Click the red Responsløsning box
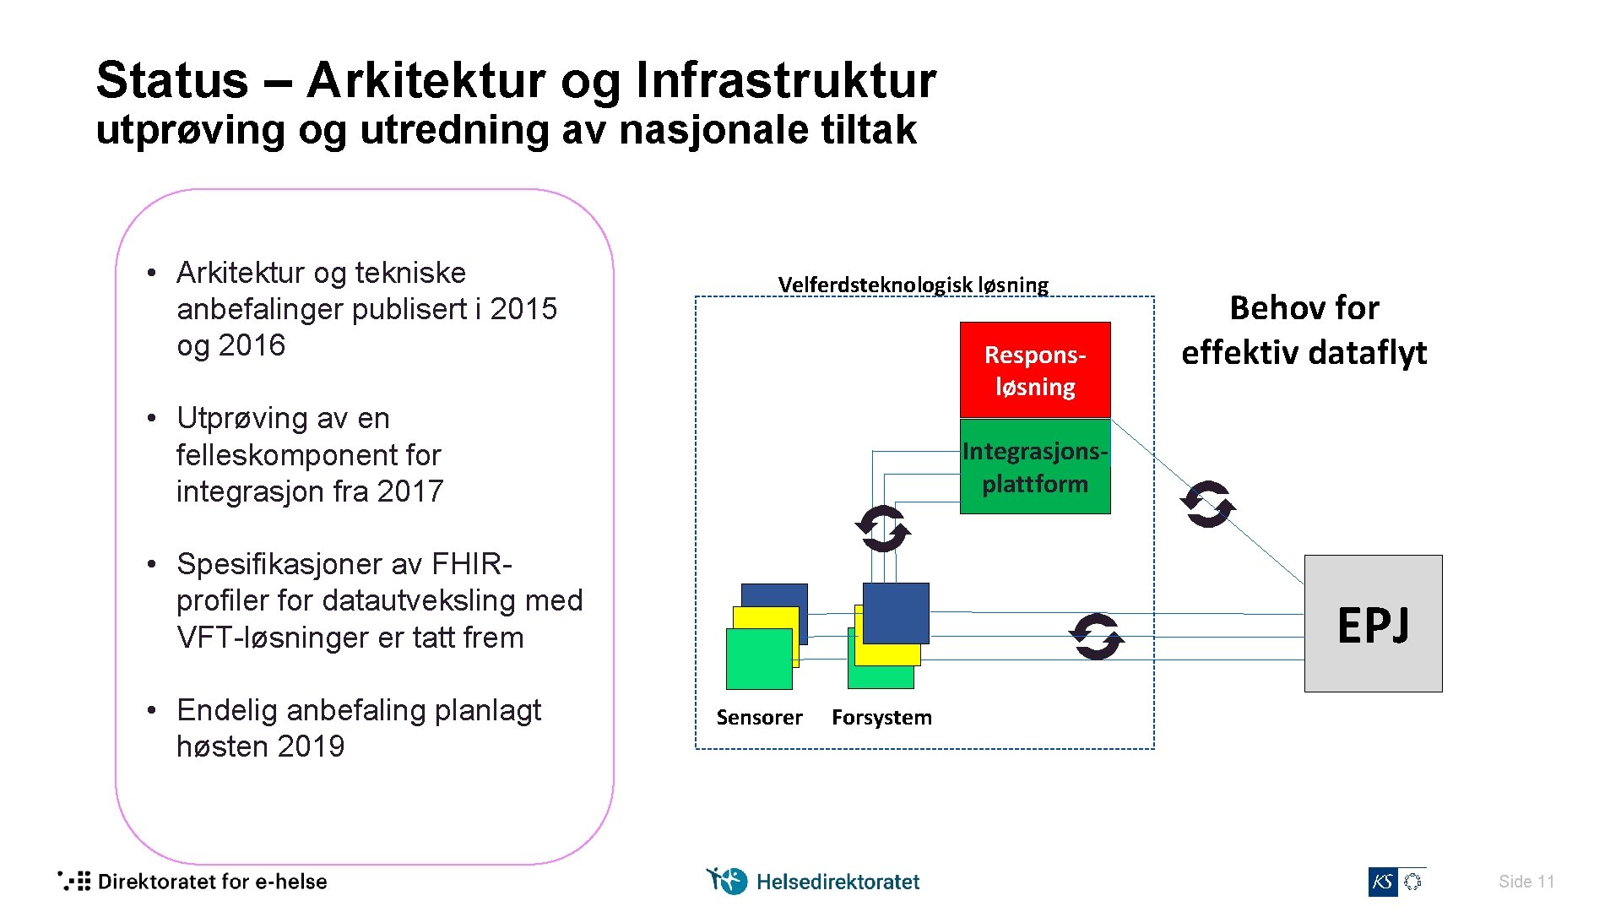(1035, 370)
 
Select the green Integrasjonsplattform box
(1035, 467)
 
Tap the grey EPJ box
(1373, 624)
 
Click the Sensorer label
(759, 718)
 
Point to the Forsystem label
(881, 718)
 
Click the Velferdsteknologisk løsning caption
(913, 285)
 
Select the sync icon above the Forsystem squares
(883, 529)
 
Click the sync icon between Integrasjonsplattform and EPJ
(1208, 504)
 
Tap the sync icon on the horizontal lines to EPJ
(1097, 636)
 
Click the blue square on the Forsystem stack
(896, 612)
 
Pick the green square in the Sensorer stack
(758, 660)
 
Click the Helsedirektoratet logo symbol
(726, 881)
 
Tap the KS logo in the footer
(1383, 882)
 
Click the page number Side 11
(1526, 882)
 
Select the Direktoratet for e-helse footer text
(212, 882)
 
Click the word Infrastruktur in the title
(785, 80)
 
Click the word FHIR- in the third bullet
(471, 564)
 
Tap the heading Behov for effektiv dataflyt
(1304, 330)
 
